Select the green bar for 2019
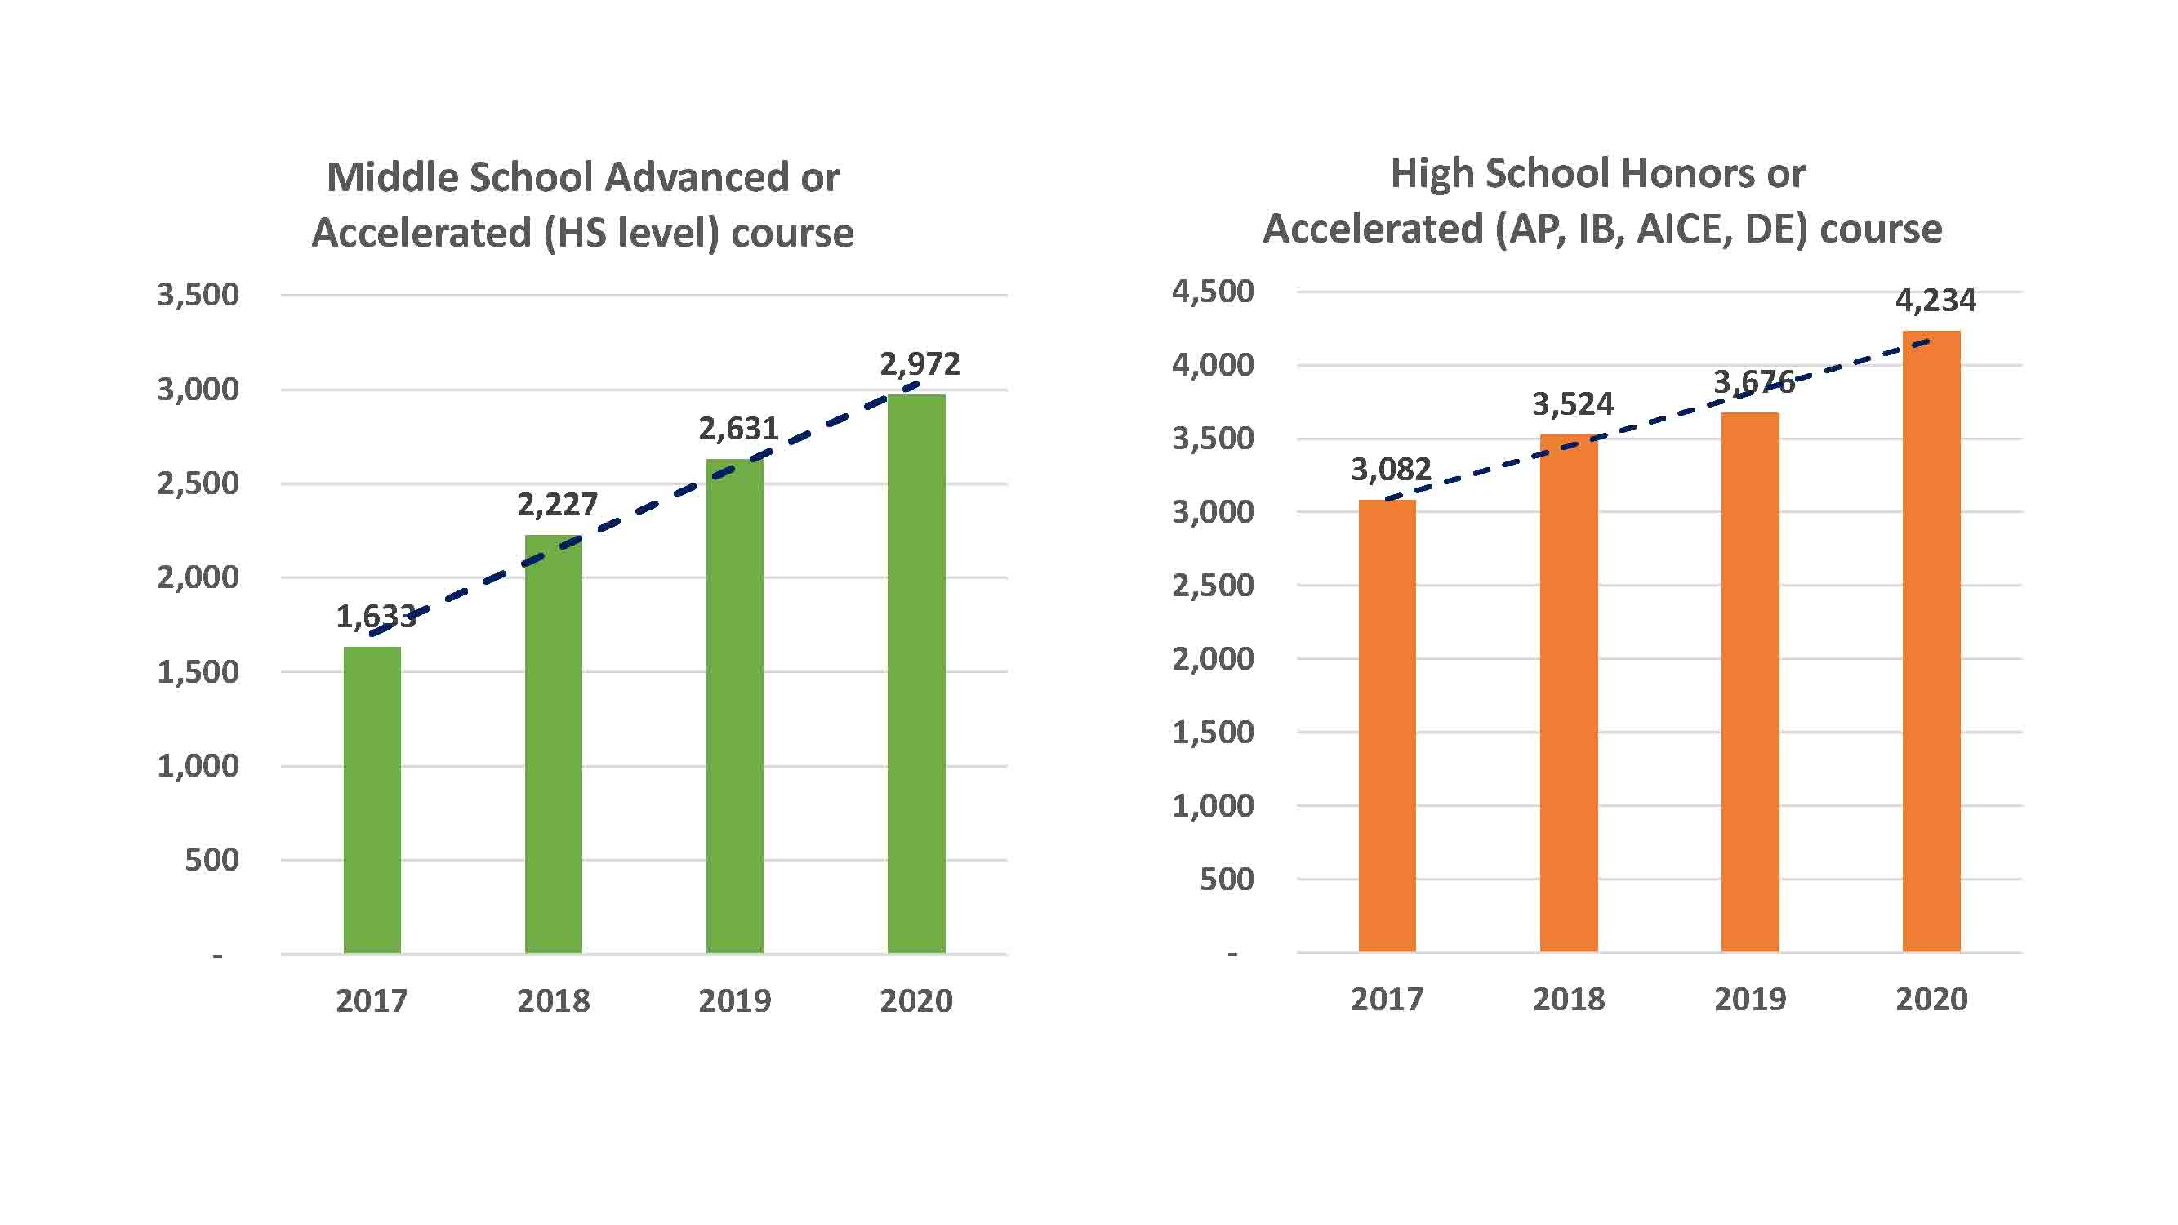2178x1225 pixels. [x=735, y=706]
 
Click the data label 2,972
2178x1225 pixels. [x=920, y=364]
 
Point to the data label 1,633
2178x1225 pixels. [x=376, y=617]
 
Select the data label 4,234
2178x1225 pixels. [x=1935, y=300]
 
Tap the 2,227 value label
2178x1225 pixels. [x=557, y=505]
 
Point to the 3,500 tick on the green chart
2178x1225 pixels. [x=198, y=295]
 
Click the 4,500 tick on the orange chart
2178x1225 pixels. [x=1213, y=292]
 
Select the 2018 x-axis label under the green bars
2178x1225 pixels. [x=554, y=1001]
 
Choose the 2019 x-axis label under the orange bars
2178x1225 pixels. [x=1750, y=1000]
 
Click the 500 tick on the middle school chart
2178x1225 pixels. [x=212, y=860]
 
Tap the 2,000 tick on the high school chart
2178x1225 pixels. [x=1213, y=658]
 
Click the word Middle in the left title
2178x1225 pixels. [x=391, y=177]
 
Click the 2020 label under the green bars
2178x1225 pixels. [x=915, y=1001]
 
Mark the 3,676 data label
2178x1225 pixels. [x=1753, y=383]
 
